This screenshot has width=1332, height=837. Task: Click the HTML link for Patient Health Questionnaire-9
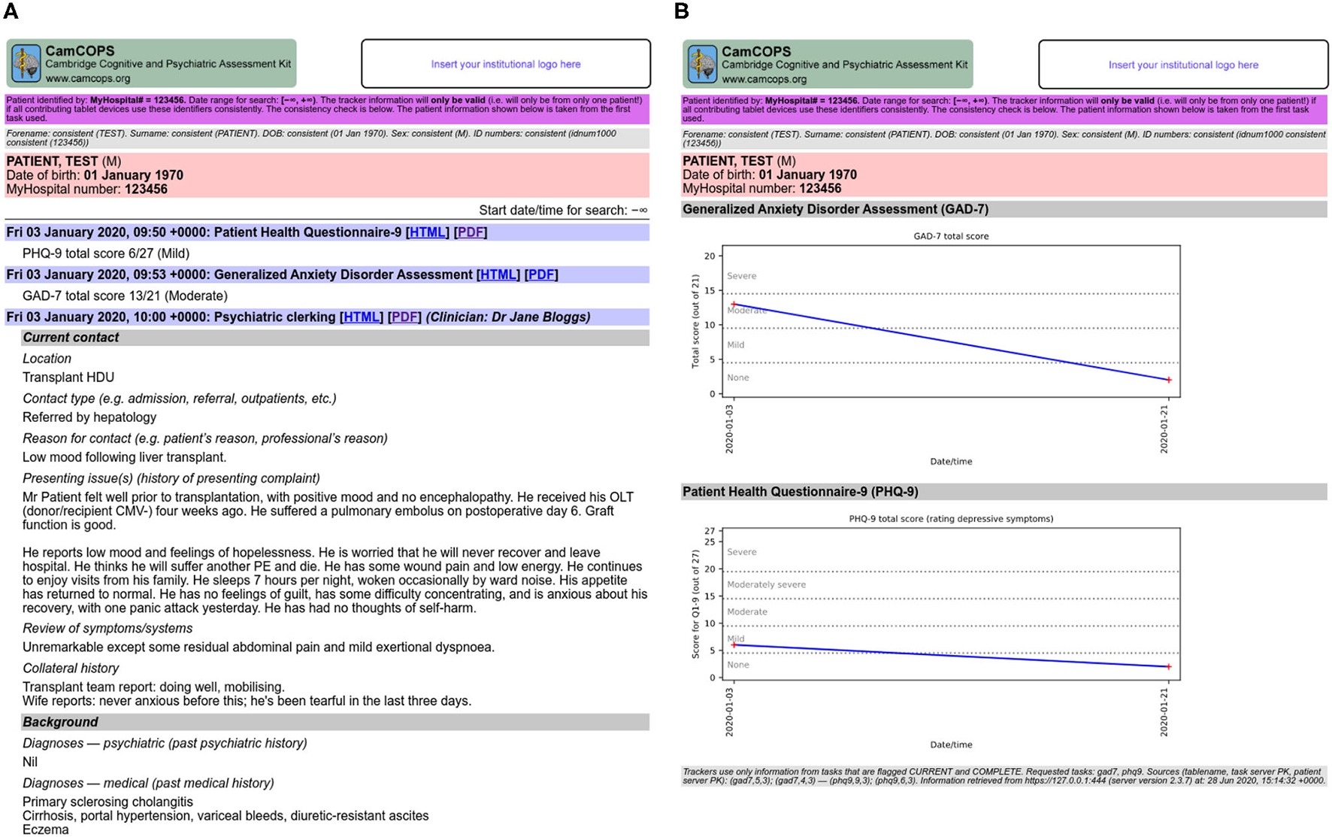click(x=427, y=232)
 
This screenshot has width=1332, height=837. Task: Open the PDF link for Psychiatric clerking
click(x=404, y=317)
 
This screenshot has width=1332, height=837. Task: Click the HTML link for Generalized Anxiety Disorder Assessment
click(x=498, y=274)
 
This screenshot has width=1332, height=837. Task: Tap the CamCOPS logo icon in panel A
click(x=26, y=64)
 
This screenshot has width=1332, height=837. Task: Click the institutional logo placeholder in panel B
click(x=1182, y=65)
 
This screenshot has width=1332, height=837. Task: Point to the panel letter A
click(x=10, y=11)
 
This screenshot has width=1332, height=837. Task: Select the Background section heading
click(x=60, y=722)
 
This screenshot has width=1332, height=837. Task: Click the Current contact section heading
click(x=71, y=338)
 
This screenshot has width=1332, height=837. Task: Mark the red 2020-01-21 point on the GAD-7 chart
click(x=1168, y=380)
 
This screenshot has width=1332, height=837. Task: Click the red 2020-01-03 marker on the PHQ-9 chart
click(x=734, y=645)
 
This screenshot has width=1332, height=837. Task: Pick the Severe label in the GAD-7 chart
click(x=741, y=276)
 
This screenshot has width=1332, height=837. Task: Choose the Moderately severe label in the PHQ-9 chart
click(x=766, y=584)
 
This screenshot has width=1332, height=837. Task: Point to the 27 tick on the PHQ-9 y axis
click(x=709, y=531)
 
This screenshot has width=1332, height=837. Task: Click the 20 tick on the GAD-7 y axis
click(x=709, y=256)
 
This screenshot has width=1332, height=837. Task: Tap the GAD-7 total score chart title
click(x=950, y=236)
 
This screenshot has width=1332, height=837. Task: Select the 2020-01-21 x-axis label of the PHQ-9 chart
click(x=1164, y=713)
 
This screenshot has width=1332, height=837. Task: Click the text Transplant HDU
click(x=68, y=378)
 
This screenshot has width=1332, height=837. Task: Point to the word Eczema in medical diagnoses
click(x=45, y=829)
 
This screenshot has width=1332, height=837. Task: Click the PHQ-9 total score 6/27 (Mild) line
click(x=105, y=253)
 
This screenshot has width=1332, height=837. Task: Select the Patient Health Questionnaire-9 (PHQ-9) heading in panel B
click(x=800, y=492)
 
